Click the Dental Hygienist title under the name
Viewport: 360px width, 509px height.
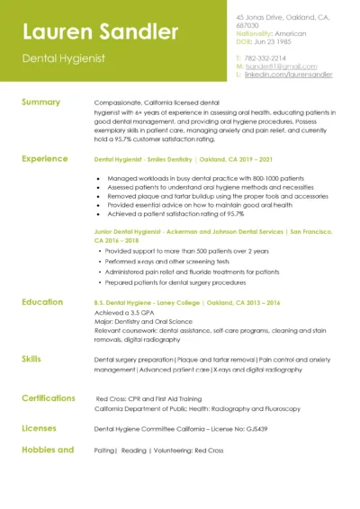click(64, 58)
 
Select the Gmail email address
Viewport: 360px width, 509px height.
click(281, 66)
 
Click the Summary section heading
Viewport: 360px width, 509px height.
click(40, 102)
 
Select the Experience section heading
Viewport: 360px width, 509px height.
click(44, 158)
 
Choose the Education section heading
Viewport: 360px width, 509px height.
click(42, 301)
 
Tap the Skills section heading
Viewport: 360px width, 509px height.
click(31, 358)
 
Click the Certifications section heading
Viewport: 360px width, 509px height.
click(49, 397)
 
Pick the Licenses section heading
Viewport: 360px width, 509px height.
click(39, 428)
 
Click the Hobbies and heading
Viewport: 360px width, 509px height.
click(47, 449)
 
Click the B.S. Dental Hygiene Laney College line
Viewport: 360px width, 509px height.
click(187, 303)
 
